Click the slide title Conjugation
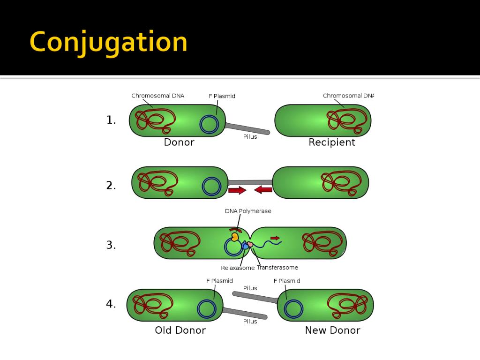(x=108, y=43)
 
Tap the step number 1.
(x=111, y=120)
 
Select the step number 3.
(x=111, y=245)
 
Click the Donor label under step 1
(x=179, y=142)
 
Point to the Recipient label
(x=332, y=142)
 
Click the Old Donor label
(x=180, y=330)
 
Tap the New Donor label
(x=332, y=330)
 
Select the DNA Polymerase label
(x=248, y=211)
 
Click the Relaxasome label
(x=238, y=268)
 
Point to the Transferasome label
(x=277, y=268)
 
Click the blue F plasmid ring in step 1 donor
(x=209, y=124)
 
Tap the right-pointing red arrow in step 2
(x=237, y=190)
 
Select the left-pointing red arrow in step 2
(x=263, y=190)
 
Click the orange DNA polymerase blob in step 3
(x=235, y=237)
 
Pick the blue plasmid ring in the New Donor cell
(x=293, y=309)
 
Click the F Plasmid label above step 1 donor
(x=222, y=96)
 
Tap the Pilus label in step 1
(x=250, y=137)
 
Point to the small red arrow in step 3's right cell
(x=275, y=238)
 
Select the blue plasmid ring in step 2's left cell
(x=211, y=186)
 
